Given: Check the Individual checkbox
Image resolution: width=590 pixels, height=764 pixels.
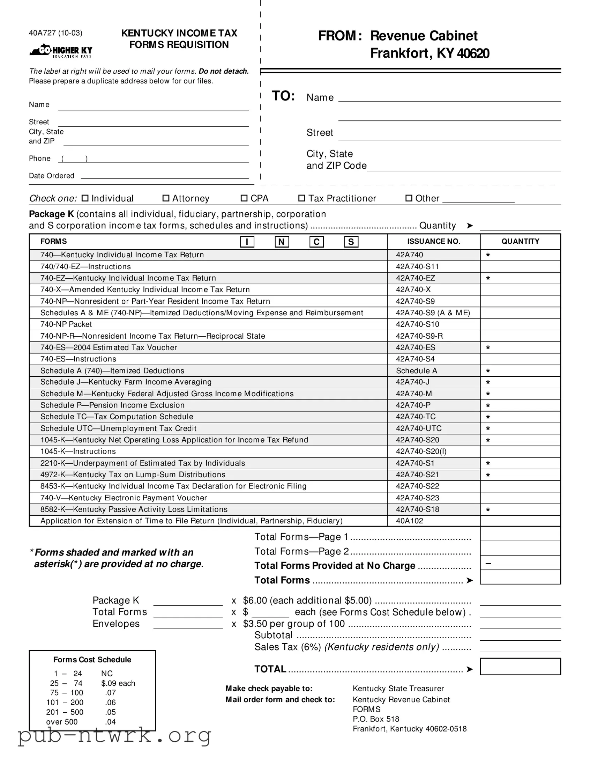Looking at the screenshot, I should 85,198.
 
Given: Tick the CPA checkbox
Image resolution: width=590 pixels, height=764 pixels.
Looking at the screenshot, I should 244,198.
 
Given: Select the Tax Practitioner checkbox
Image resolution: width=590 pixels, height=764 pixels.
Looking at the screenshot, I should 302,198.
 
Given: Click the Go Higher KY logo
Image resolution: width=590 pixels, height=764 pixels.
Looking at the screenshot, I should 61,51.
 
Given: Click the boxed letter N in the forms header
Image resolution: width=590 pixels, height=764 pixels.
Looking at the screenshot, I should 281,242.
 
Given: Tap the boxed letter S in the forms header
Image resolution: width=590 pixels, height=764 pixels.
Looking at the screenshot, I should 351,242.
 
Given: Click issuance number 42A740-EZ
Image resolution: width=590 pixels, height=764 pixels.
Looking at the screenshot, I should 415,278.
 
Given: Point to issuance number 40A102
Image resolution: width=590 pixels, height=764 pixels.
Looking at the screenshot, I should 409,521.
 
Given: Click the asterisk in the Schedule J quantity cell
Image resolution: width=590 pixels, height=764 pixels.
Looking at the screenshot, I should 488,382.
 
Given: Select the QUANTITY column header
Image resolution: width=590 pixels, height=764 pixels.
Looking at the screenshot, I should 520,241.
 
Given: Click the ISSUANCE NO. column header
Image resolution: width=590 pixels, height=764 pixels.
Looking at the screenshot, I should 433,241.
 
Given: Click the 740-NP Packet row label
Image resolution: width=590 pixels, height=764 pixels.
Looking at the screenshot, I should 66,324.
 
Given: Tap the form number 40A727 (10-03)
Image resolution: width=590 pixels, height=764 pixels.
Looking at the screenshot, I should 55,33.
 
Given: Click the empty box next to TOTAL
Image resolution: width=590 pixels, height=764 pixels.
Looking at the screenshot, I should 520,666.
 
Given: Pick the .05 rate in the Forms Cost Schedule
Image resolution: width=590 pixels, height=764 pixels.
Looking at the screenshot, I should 111,712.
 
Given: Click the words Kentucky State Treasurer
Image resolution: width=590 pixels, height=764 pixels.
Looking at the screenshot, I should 398,689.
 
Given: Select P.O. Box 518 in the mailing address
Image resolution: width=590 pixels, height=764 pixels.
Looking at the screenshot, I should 376,719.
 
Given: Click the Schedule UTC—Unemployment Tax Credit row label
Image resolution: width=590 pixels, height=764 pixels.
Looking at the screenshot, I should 118,428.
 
